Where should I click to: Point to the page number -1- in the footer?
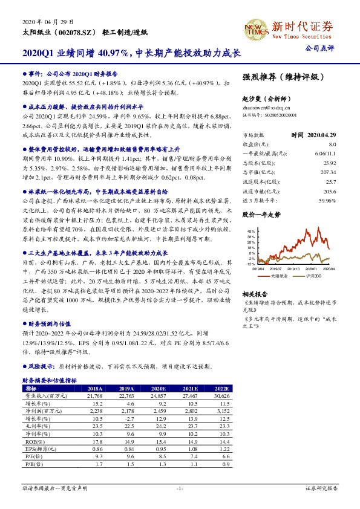pyautogui.click(x=180, y=487)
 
